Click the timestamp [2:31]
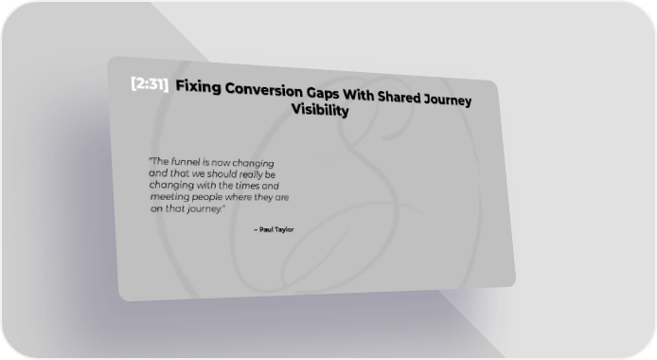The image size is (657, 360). [150, 83]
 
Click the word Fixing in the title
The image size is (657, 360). [198, 87]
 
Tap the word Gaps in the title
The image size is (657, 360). [323, 93]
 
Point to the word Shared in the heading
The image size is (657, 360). [399, 97]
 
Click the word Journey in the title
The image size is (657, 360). [448, 99]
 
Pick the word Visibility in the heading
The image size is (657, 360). [320, 110]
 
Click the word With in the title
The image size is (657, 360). [358, 95]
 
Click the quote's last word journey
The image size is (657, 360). [204, 209]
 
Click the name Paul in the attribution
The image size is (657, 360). [266, 229]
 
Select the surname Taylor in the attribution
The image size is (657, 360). [285, 229]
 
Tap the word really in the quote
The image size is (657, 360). [251, 174]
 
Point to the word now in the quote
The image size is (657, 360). [221, 163]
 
